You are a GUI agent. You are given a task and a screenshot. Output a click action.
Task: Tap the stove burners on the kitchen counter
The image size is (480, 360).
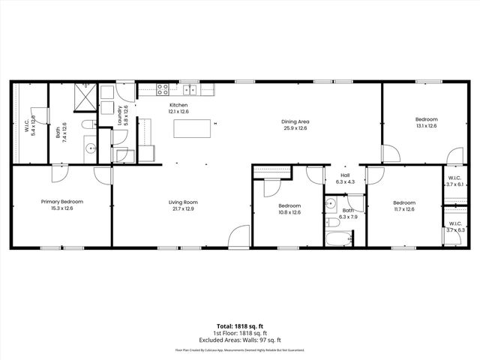[162, 89]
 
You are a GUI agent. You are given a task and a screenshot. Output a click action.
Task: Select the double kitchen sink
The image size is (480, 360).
[190, 90]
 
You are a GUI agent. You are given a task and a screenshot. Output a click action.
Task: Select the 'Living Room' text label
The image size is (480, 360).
[182, 202]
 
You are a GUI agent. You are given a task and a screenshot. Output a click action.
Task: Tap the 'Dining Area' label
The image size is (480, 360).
[295, 121]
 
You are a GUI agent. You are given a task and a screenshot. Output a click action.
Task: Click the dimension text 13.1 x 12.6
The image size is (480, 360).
[426, 126]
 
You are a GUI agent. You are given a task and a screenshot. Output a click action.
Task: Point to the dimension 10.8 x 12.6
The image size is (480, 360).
[289, 212]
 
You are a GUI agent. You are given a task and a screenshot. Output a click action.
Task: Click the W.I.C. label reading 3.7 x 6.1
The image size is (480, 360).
[455, 184]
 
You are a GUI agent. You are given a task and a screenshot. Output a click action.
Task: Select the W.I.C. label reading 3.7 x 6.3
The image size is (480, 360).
[455, 230]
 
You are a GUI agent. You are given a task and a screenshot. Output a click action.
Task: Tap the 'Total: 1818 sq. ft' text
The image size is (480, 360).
[240, 326]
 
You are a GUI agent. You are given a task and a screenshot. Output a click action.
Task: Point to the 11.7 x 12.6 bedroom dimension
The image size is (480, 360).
[404, 209]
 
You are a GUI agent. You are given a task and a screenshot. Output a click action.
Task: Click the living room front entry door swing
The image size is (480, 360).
[239, 236]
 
